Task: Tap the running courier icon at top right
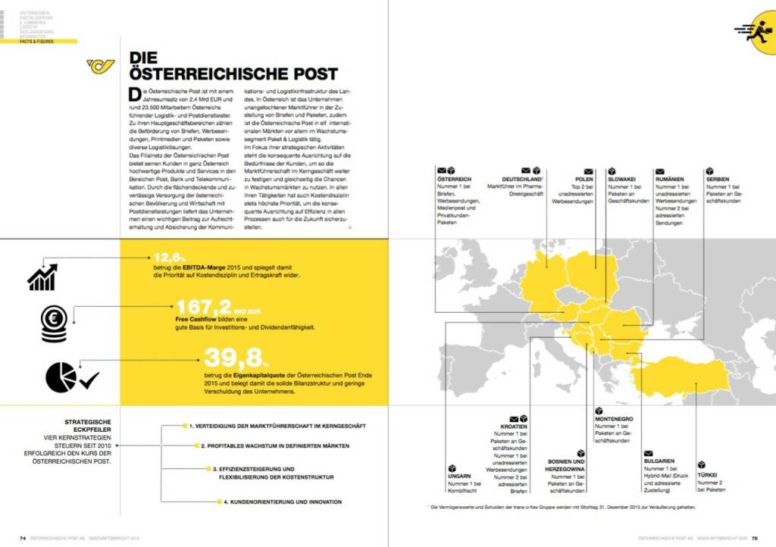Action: [x=752, y=30]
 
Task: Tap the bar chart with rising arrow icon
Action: [x=42, y=277]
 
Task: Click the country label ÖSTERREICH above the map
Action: [x=455, y=180]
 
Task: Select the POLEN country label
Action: [x=584, y=180]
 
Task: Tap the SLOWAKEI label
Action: [x=623, y=180]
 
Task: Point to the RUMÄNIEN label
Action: [x=670, y=180]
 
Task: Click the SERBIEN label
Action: [x=718, y=180]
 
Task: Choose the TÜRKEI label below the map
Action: [x=707, y=475]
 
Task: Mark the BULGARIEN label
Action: [x=659, y=461]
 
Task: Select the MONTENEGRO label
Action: [x=614, y=418]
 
